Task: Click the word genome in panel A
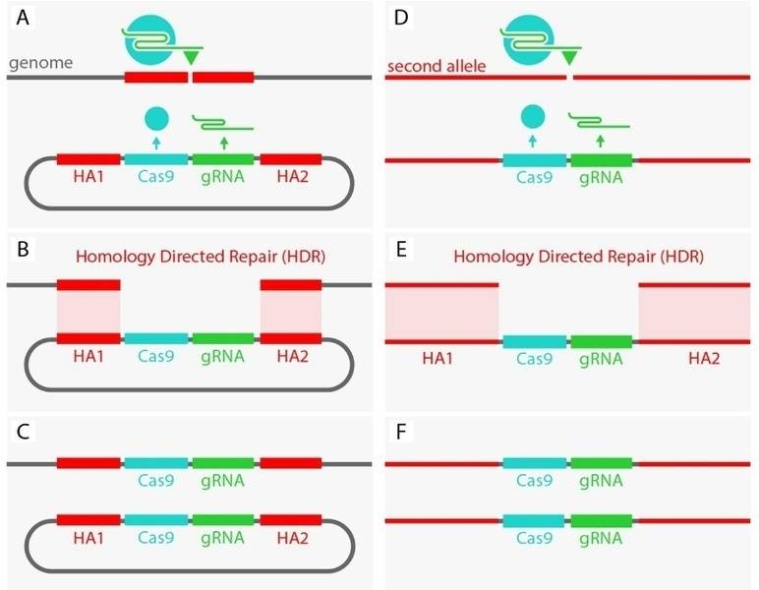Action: [x=40, y=63]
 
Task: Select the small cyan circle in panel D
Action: [x=533, y=118]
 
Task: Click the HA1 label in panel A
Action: [x=88, y=179]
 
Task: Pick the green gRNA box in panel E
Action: [x=601, y=341]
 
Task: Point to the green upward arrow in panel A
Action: [x=224, y=144]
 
